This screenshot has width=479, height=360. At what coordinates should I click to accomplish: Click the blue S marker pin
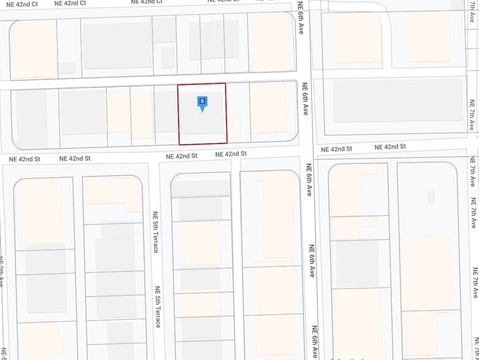pyautogui.click(x=202, y=102)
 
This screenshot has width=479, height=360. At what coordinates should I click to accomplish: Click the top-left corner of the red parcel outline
pyautogui.click(x=178, y=84)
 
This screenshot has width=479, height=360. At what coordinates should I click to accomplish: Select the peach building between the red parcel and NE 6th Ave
pyautogui.click(x=268, y=108)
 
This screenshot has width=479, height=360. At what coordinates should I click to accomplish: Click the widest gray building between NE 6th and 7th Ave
pyautogui.click(x=398, y=105)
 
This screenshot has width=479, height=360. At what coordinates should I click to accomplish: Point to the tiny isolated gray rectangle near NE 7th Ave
pyautogui.click(x=431, y=197)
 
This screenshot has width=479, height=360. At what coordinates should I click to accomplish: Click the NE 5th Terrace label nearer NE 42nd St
pyautogui.click(x=155, y=233)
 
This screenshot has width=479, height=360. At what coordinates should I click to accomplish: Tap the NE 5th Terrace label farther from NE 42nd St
pyautogui.click(x=157, y=306)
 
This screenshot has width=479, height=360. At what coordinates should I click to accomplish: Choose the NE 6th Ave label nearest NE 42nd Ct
pyautogui.click(x=301, y=18)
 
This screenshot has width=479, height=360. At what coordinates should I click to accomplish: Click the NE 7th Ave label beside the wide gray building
pyautogui.click(x=472, y=115)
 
